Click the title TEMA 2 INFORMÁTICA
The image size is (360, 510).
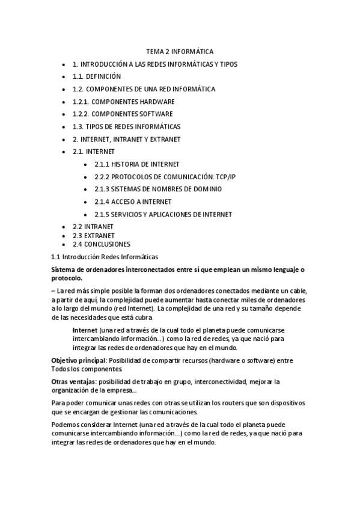(x=180, y=52)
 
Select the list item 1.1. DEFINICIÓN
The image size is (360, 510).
(x=97, y=76)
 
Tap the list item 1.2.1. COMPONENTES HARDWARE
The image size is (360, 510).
(x=123, y=102)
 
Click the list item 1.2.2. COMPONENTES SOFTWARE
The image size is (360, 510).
(x=123, y=114)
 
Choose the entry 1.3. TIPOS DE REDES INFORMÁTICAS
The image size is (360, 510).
(x=126, y=127)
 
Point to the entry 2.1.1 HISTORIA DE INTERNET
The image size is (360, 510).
(x=137, y=164)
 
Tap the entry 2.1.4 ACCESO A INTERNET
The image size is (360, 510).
(x=133, y=201)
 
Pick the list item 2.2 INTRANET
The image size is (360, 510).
(x=93, y=227)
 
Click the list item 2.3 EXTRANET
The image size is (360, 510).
(x=94, y=236)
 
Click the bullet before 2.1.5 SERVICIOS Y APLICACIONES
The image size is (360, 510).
(x=87, y=215)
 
